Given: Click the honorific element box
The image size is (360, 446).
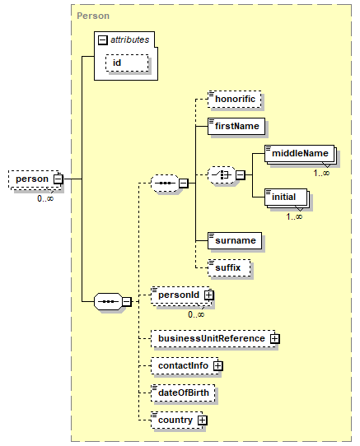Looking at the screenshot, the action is [235, 100].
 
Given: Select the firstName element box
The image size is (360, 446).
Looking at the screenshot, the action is [236, 126].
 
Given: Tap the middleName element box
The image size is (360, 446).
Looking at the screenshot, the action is [299, 154].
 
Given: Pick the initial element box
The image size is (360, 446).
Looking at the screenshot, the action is [286, 197].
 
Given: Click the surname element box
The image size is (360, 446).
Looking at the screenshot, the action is [235, 240].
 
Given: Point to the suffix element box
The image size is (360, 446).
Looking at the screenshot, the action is [229, 267].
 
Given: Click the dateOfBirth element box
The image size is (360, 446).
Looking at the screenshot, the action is [183, 393].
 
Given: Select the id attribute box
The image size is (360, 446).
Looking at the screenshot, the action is [127, 63].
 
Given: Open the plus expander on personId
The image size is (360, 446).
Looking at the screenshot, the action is [208, 295].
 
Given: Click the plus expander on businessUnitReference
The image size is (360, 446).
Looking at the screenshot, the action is [275, 338].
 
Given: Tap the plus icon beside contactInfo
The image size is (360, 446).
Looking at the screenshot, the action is [218, 366].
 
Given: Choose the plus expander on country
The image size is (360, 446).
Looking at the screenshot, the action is [202, 420].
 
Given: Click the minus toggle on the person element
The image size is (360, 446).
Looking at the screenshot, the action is [58, 179].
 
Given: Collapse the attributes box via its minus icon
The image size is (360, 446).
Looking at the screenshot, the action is [102, 39].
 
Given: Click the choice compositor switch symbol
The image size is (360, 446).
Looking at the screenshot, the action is [222, 175].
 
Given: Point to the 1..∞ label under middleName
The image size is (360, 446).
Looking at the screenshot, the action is [321, 173].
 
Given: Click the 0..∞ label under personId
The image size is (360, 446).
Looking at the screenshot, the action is [196, 314].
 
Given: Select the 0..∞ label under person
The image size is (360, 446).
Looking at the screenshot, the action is [45, 198].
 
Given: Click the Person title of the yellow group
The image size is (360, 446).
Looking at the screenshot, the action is [93, 16].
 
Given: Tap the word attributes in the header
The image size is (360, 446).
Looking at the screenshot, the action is [130, 39].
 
